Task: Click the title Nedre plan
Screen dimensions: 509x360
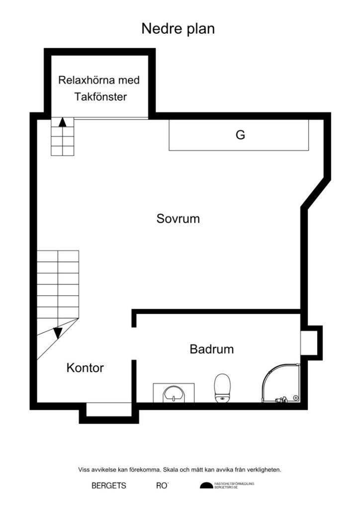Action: click(178, 29)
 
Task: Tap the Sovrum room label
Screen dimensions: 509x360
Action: click(178, 218)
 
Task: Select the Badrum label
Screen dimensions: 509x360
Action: click(211, 349)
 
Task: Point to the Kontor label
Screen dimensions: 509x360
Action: click(85, 368)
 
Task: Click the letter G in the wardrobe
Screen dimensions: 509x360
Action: click(240, 135)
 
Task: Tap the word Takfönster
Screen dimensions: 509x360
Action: click(100, 97)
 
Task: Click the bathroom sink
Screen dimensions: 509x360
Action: click(174, 393)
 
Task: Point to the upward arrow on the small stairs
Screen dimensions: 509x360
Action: click(63, 122)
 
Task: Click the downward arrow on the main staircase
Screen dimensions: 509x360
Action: click(58, 332)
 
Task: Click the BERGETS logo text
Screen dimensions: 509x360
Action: click(109, 486)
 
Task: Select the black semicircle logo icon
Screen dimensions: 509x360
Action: click(206, 486)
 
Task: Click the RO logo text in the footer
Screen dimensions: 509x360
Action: click(162, 486)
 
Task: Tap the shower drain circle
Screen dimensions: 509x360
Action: click(296, 397)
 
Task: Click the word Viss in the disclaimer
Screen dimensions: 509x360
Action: click(84, 469)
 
